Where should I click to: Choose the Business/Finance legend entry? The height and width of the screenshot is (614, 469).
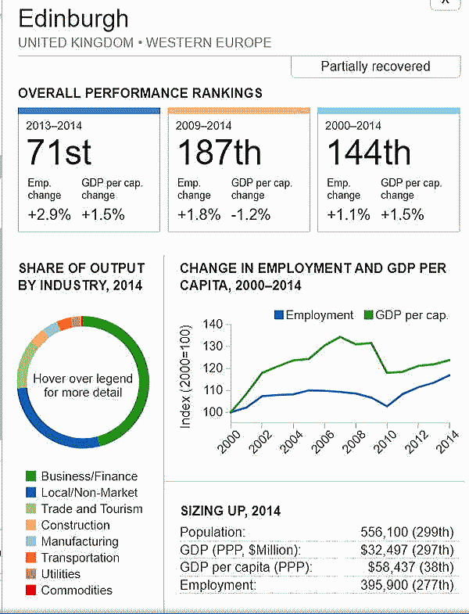(88, 476)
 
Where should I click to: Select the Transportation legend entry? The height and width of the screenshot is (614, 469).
(80, 558)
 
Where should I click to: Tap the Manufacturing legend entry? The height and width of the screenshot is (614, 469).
(79, 541)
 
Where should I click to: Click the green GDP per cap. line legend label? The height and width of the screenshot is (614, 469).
(411, 315)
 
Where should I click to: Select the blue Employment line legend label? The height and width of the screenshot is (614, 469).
(319, 315)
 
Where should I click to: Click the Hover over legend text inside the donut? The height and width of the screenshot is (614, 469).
(83, 385)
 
